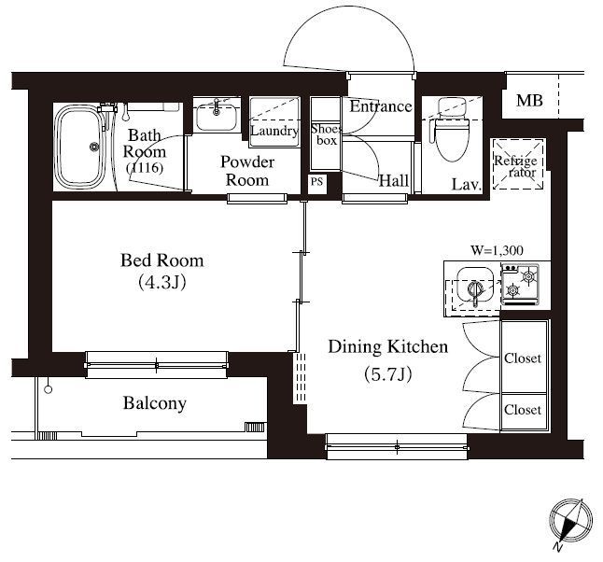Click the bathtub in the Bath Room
tap(80, 147)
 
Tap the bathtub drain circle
tap(94, 147)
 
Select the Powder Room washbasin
tap(217, 117)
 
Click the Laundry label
tap(274, 132)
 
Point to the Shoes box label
tap(326, 134)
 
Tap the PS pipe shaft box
tap(316, 181)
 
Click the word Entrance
tap(381, 106)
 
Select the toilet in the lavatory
tap(452, 130)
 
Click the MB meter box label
tap(529, 101)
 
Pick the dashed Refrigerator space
tap(518, 164)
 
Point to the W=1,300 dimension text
tap(498, 250)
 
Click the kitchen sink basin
tap(475, 286)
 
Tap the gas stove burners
tap(520, 284)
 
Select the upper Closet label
tap(523, 358)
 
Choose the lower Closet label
tap(523, 410)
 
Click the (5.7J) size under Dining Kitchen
tap(388, 374)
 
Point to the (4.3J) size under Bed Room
tap(162, 282)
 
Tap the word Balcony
tap(155, 403)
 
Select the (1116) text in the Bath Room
tap(145, 167)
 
